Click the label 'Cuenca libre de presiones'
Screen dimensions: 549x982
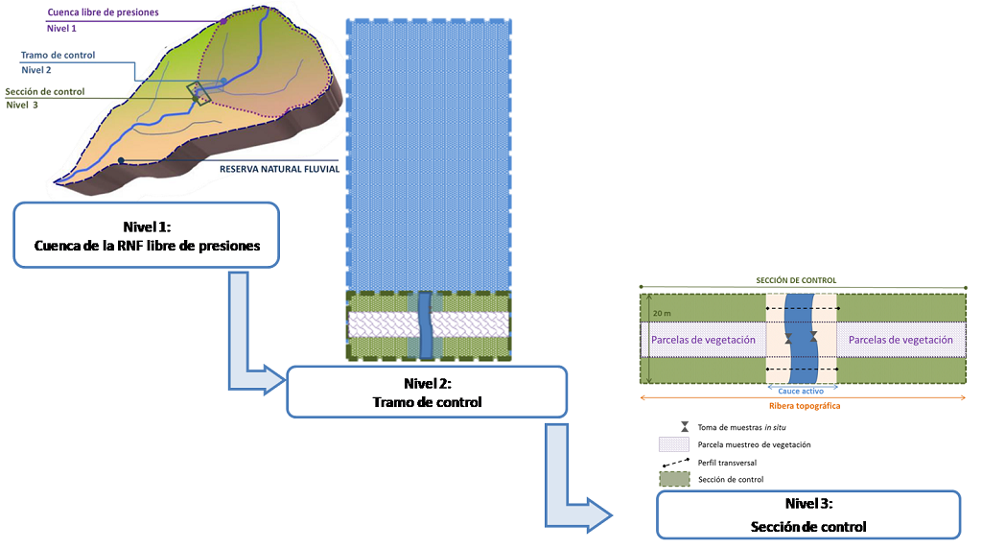(103, 13)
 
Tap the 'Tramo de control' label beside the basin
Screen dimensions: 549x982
(58, 55)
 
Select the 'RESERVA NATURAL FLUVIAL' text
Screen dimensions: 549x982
(278, 171)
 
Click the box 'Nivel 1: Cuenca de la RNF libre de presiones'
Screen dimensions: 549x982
(146, 235)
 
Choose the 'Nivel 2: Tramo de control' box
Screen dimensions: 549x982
(427, 393)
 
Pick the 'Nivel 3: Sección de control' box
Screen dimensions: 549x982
(807, 515)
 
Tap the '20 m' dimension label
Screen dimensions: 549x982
(662, 313)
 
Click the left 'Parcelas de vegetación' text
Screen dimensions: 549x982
(703, 340)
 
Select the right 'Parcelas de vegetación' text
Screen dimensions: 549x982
(900, 340)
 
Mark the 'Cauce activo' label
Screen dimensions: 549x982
(801, 392)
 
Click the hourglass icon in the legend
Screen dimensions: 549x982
(679, 426)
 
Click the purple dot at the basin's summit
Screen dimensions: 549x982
(222, 20)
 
